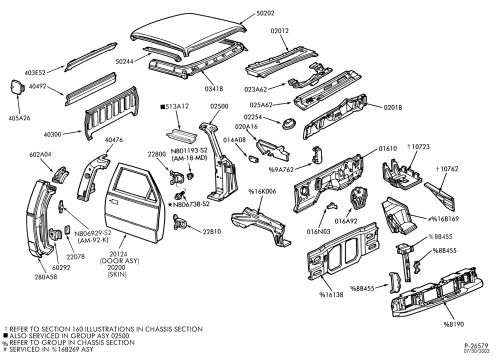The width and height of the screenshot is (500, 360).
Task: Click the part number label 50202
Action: click(265, 13)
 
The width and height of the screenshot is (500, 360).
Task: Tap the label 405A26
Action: click(19, 118)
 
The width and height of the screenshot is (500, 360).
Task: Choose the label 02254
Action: click(253, 117)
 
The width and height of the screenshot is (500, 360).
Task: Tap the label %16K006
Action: click(262, 191)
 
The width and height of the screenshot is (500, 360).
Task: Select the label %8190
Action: click(453, 324)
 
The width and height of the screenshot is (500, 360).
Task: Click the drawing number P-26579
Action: click(476, 345)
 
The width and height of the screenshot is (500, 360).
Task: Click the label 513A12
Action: click(174, 106)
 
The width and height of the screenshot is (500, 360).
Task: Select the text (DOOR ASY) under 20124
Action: click(119, 261)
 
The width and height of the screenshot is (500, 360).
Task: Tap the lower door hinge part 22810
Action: click(178, 222)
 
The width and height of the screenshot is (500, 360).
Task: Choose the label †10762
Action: click(446, 169)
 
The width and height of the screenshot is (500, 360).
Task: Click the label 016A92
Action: click(346, 221)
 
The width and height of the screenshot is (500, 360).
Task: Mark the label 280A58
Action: click(46, 277)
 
